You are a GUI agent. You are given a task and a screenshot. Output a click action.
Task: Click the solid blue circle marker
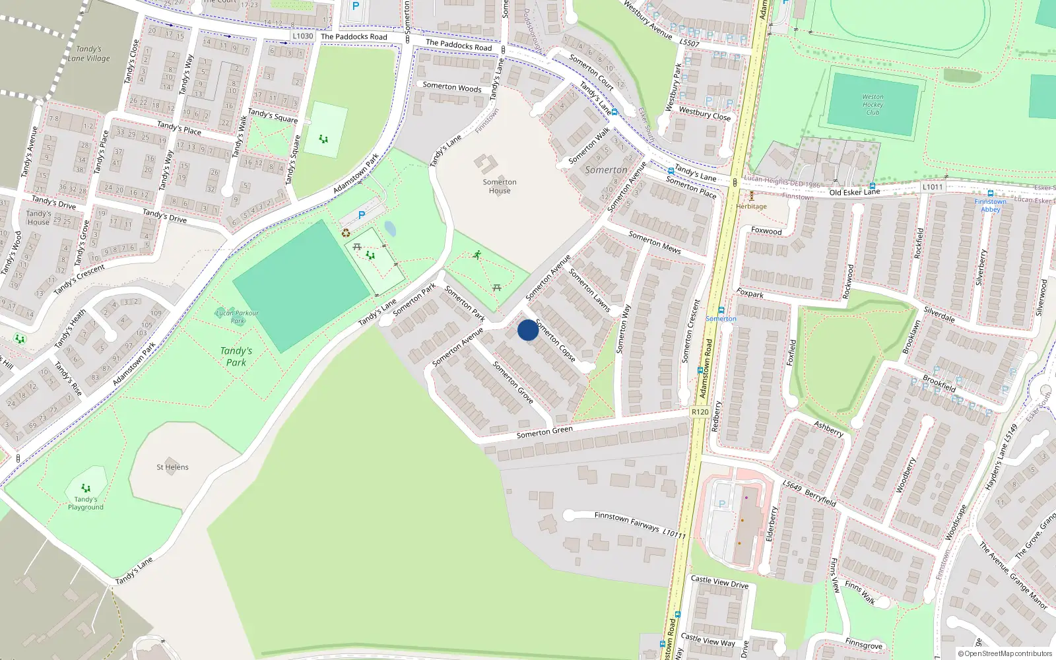(x=528, y=330)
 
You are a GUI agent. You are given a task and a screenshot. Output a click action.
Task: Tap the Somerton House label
(x=500, y=187)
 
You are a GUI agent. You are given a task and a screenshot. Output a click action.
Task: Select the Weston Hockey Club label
(x=873, y=104)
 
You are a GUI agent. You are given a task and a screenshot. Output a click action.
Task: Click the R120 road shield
(x=700, y=412)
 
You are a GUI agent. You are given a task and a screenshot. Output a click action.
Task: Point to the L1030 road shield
(x=303, y=36)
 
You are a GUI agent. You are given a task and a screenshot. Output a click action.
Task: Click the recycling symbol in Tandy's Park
(x=346, y=232)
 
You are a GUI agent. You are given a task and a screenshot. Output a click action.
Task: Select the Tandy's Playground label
(x=86, y=503)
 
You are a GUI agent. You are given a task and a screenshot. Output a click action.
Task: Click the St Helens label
(x=172, y=467)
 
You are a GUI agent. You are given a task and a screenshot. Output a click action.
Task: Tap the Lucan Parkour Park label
(x=237, y=317)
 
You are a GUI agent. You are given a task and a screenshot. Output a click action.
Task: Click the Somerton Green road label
(x=544, y=432)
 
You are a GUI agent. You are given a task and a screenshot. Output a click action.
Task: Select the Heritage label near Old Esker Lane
(x=752, y=206)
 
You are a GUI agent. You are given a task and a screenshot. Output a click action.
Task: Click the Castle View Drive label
(x=719, y=581)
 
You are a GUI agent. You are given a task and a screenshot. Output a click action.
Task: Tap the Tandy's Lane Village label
(x=89, y=53)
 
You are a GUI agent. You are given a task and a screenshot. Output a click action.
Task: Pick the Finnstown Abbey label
(x=990, y=205)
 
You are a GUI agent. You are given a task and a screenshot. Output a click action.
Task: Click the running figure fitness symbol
(x=477, y=255)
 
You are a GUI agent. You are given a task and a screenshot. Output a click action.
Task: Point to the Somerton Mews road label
(x=655, y=242)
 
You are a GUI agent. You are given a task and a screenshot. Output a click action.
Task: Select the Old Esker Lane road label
(x=855, y=192)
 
